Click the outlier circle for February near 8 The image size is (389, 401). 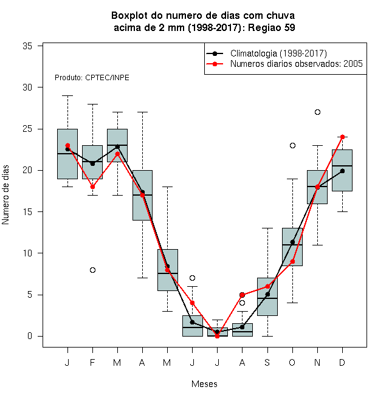92,270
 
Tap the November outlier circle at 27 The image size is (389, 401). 317,112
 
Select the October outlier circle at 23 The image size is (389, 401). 292,146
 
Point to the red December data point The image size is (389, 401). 342,137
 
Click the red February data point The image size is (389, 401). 92,187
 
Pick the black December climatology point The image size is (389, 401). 342,171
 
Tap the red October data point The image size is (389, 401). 292,262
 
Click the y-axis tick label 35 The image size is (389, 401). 27,46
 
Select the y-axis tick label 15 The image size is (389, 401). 27,212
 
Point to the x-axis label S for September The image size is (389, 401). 267,362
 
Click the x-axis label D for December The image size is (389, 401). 342,362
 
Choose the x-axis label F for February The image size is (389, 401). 92,362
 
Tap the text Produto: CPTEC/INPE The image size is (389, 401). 92,78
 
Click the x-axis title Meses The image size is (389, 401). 204,384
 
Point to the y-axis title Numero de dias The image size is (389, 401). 5,195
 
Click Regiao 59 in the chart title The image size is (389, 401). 272,27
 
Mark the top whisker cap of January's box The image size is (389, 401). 67,95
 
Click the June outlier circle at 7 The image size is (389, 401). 193,278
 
